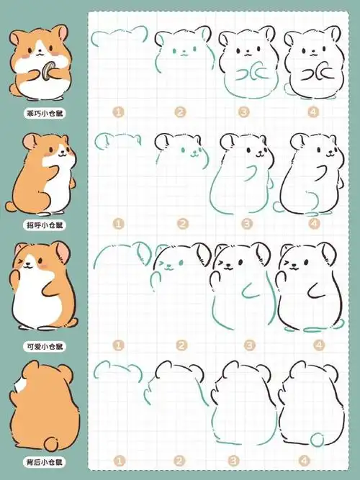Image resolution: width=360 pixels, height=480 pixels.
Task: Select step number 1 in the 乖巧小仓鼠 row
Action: pos(119,112)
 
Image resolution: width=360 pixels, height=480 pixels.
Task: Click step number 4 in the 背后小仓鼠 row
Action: pos(313,460)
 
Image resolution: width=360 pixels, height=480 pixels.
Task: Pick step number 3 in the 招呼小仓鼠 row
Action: pos(247,224)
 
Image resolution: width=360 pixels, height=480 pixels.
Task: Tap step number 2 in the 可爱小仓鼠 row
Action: pos(181,346)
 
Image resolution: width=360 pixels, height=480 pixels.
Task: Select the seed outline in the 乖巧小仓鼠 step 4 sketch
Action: pos(316,72)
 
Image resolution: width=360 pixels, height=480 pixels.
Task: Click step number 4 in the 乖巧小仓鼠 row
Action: pos(313,112)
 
